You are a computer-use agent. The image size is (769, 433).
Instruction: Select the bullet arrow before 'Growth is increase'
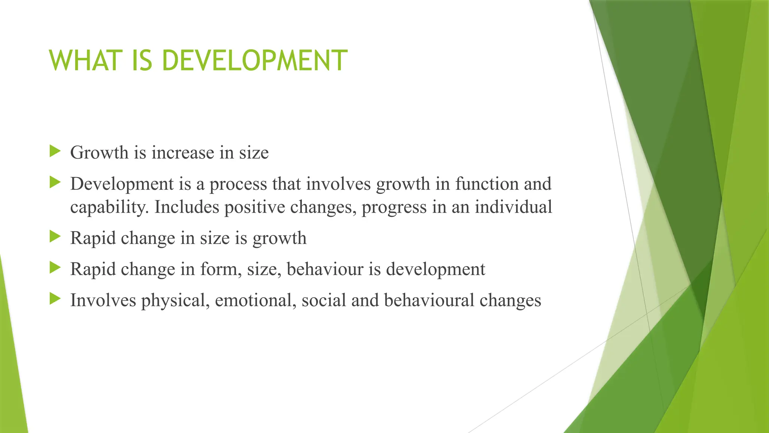pos(55,151)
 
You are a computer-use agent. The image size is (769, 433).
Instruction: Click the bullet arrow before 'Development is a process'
pos(55,183)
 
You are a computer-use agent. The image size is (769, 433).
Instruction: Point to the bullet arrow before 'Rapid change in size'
pos(55,237)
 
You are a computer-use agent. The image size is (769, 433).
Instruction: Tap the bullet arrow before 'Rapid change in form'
pos(55,268)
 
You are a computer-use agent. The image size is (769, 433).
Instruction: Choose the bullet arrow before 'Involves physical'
pos(55,299)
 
